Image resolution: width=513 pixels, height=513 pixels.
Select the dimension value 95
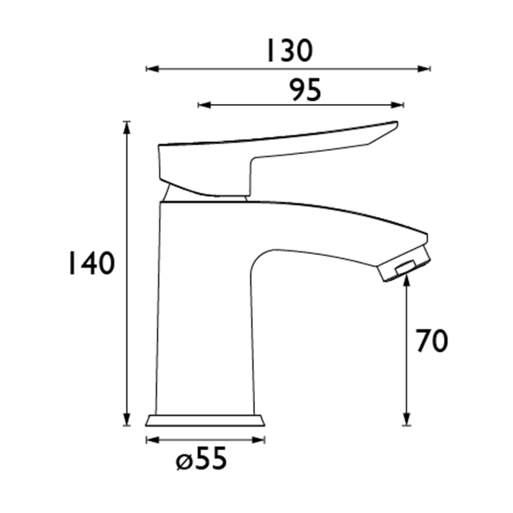[x=305, y=90]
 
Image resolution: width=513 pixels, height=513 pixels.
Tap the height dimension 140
[x=89, y=264]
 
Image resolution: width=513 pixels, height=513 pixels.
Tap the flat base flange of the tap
[x=204, y=420]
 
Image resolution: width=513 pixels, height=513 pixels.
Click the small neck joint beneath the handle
[x=170, y=194]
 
